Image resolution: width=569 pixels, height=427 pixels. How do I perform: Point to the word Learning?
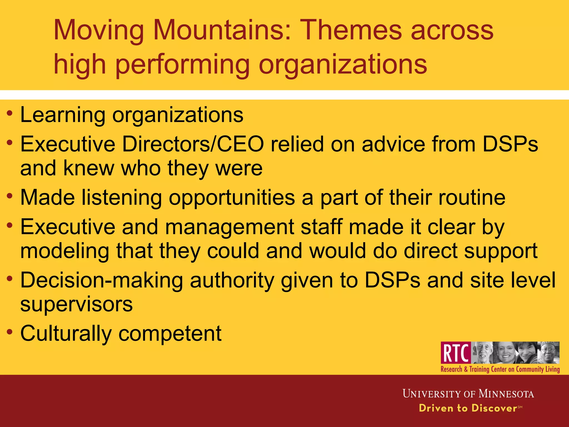[x=63, y=115]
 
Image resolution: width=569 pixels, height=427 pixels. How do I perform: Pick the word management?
[x=229, y=227]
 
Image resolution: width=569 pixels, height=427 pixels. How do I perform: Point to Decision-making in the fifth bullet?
[x=101, y=280]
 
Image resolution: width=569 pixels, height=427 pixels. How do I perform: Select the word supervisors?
[x=76, y=304]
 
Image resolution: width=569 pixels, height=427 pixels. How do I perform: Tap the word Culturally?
[x=66, y=334]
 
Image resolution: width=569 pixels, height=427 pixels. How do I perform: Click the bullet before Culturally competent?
[x=10, y=332]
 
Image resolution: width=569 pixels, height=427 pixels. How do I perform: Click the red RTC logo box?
[x=456, y=352]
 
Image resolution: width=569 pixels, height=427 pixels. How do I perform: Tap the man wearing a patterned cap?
[x=548, y=352]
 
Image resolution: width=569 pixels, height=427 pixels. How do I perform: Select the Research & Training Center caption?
[x=500, y=369]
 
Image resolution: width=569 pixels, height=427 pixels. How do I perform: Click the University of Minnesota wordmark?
[x=468, y=394]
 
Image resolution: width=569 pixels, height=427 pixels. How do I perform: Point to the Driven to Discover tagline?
[x=468, y=408]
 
